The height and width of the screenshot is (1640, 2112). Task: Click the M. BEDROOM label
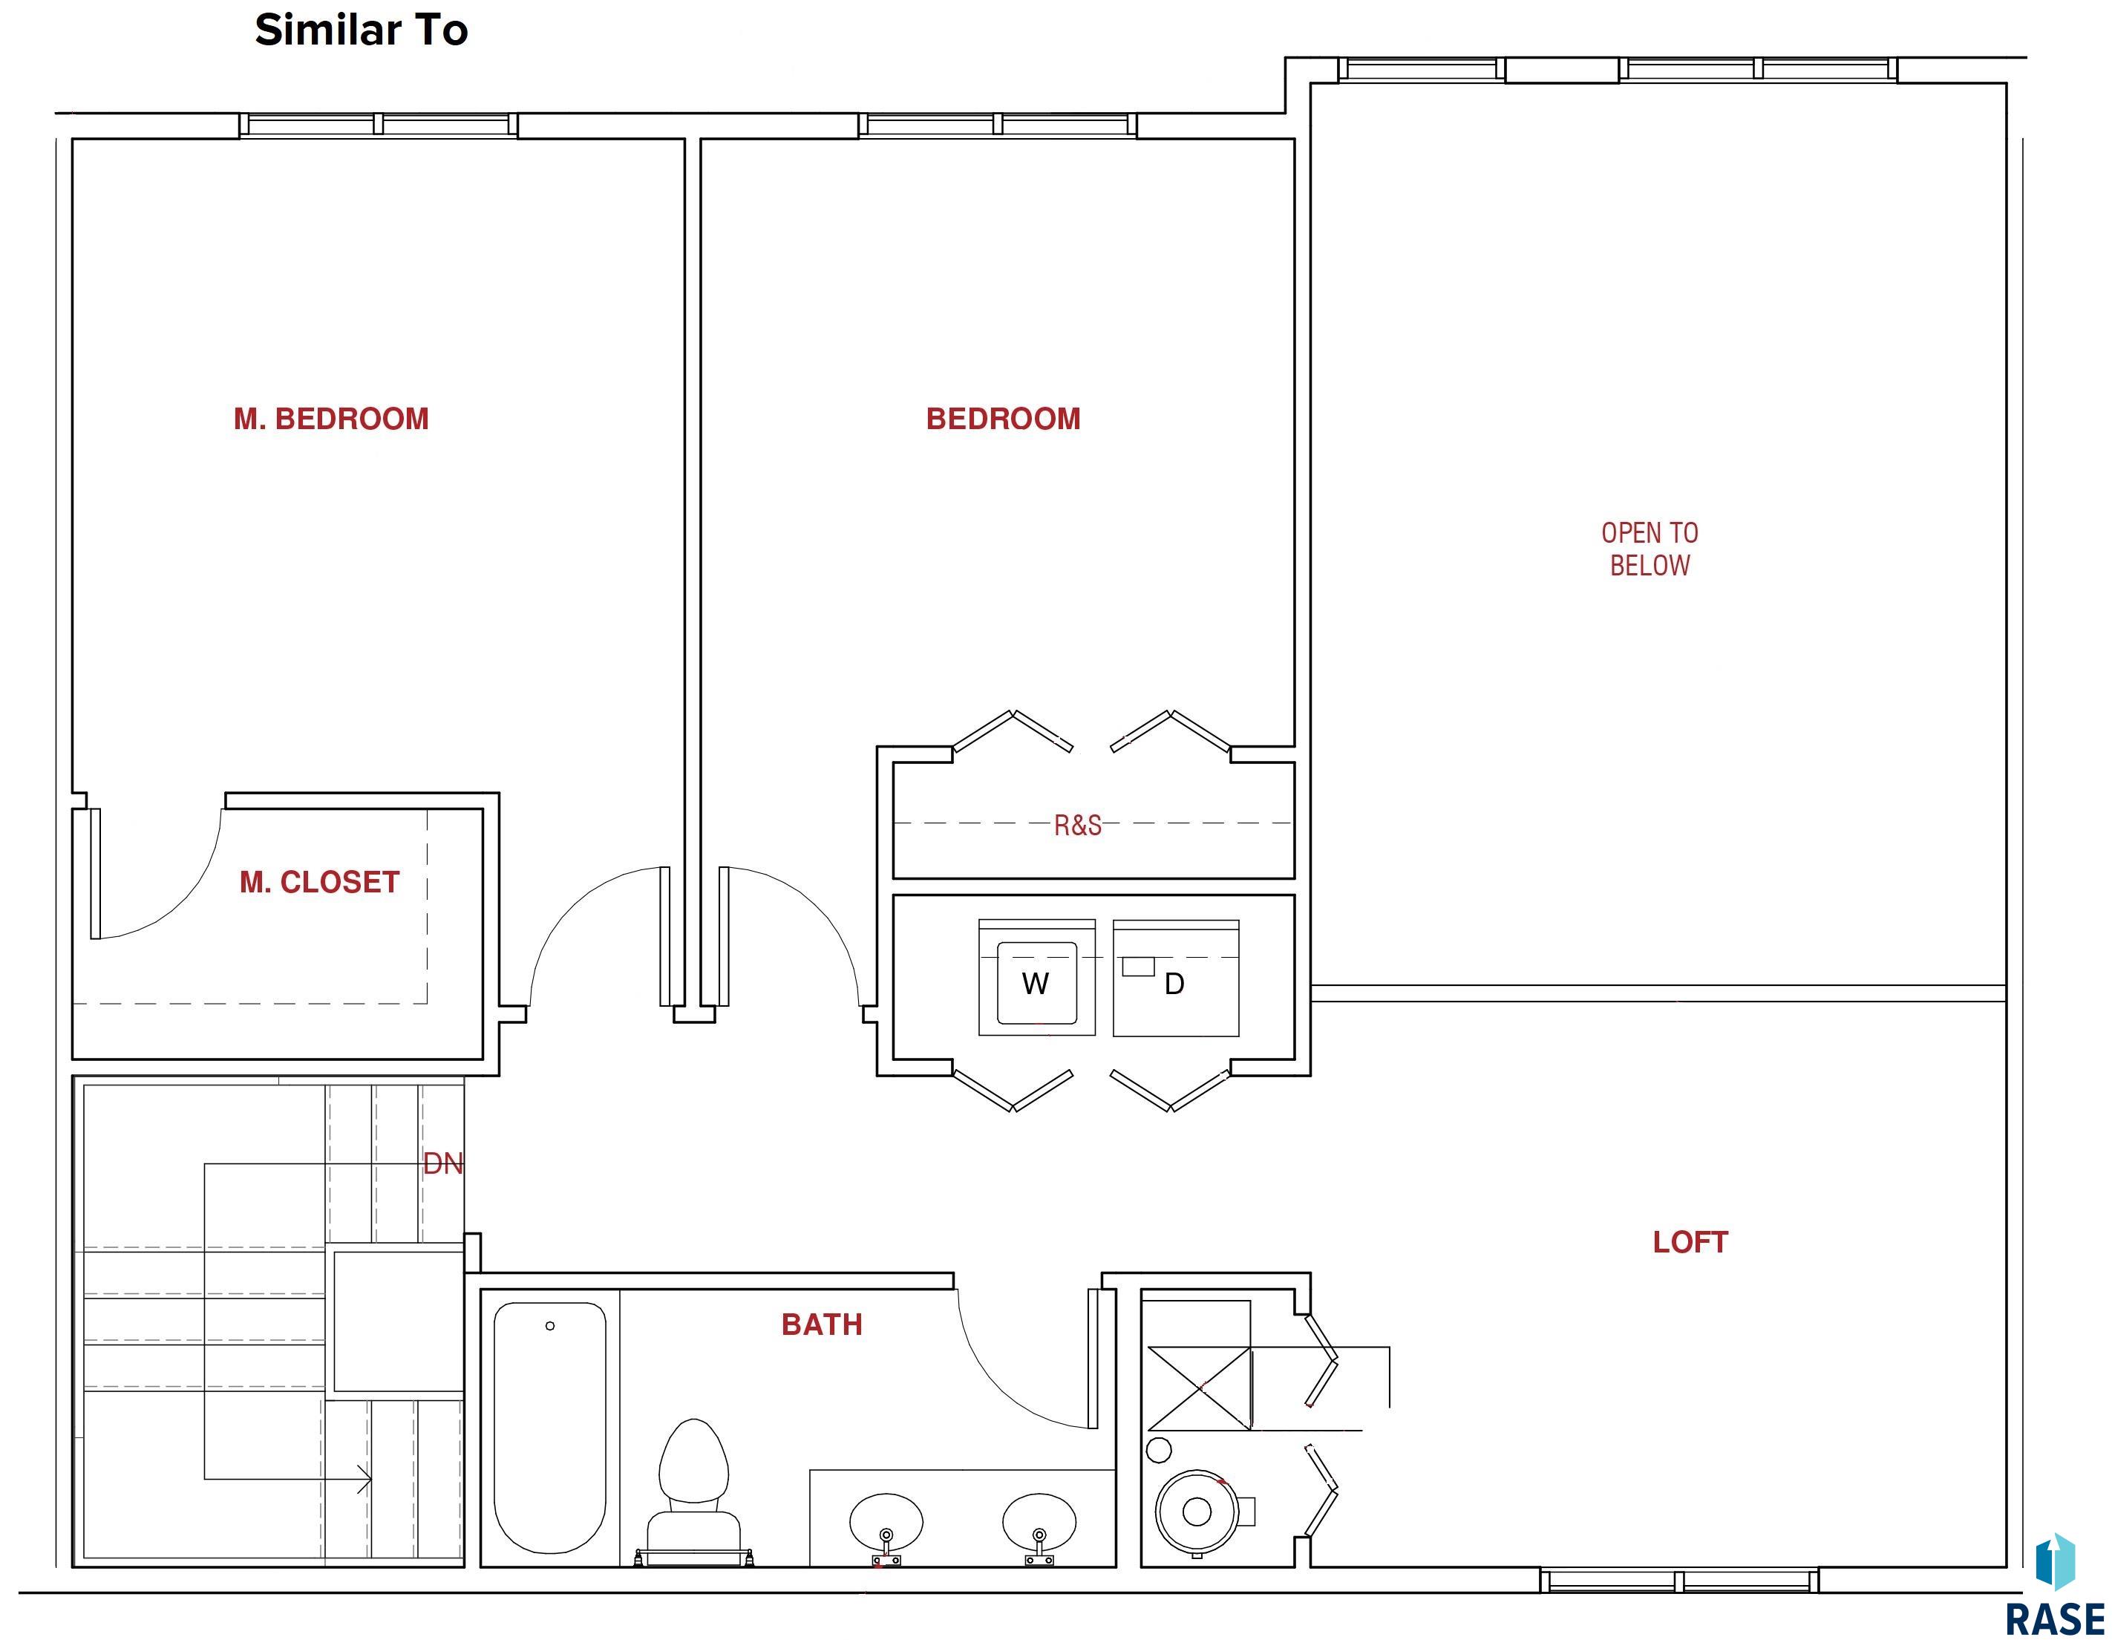331,419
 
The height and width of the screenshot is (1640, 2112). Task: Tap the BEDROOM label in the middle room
1003,419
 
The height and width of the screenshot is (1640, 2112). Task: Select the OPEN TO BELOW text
1650,549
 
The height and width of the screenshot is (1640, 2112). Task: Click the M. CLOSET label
319,882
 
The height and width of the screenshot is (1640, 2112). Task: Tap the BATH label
822,1324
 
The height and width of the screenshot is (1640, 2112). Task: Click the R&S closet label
1077,825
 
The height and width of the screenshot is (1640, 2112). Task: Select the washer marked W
1036,978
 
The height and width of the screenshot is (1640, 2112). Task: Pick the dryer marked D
1176,978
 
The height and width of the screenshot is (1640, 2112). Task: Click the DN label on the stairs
443,1163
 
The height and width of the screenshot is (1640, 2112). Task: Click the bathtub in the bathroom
550,1427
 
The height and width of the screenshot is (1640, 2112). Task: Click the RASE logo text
2054,1618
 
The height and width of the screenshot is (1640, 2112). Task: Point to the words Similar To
362,30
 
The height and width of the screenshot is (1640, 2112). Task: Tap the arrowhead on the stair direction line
364,1480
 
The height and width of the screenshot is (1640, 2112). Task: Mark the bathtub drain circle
550,1326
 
